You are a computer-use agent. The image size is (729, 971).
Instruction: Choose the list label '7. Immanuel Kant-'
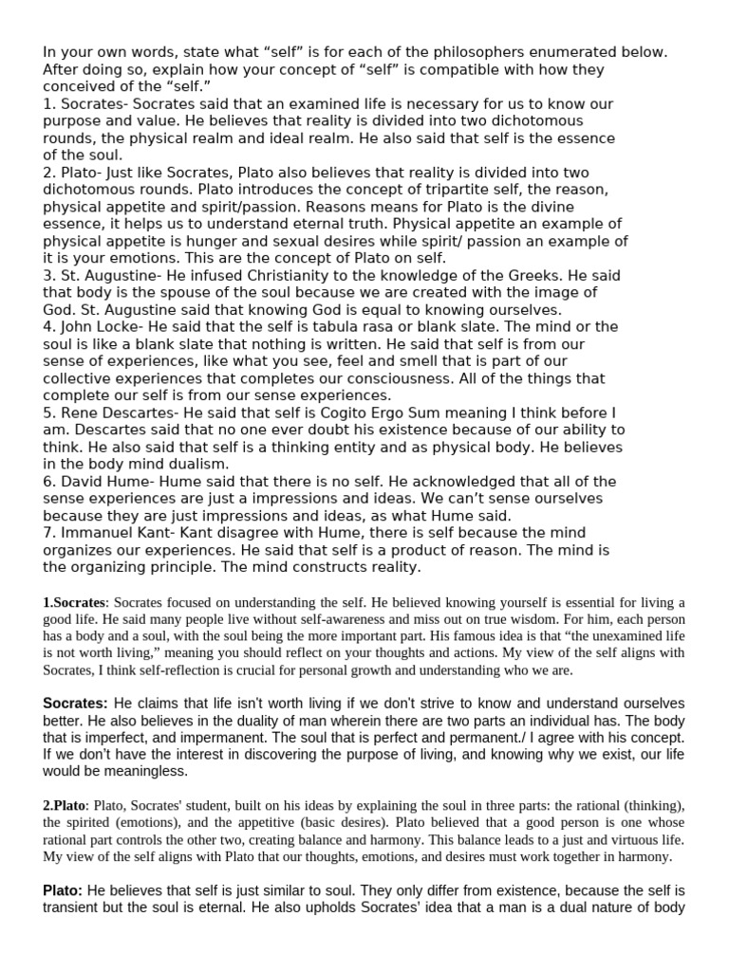click(x=109, y=532)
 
